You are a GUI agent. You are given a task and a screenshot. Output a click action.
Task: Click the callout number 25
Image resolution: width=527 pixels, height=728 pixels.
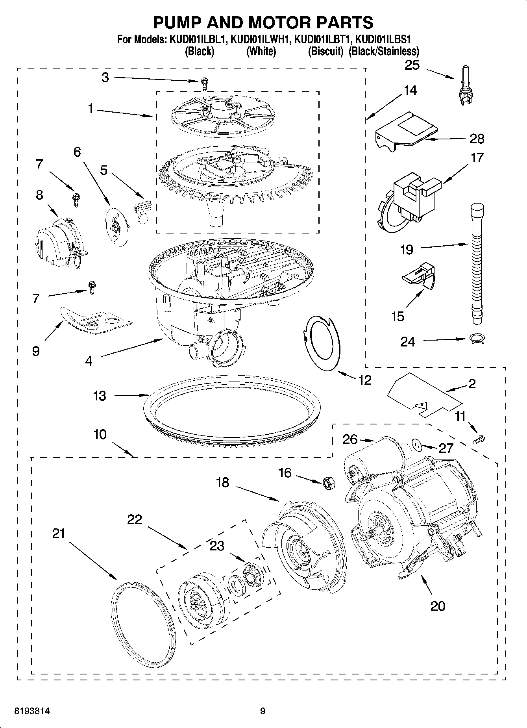412,65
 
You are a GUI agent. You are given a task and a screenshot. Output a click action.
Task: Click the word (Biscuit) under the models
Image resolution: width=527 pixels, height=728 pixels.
325,52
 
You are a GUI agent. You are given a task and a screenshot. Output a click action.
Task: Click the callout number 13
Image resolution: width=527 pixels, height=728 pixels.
100,395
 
